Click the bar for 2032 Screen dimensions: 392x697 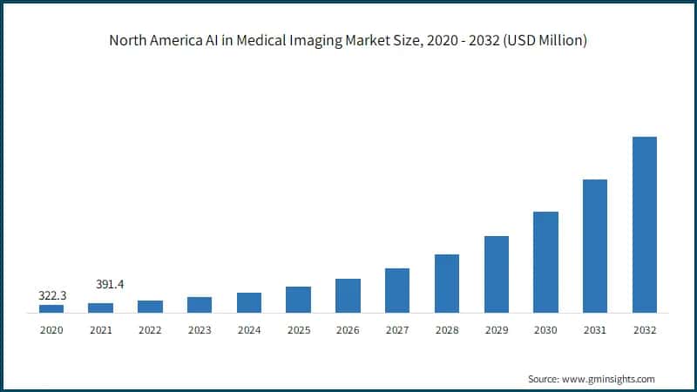coord(644,225)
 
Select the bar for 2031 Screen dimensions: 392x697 coord(595,246)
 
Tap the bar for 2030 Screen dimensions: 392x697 coord(545,262)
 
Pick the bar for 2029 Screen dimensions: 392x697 coord(496,274)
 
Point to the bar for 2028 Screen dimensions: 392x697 coord(447,283)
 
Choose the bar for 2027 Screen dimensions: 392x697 coord(397,290)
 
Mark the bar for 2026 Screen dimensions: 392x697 coord(348,295)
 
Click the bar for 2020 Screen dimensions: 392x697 coord(51,308)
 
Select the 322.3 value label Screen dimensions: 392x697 coord(51,295)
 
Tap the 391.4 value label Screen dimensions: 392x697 coord(109,284)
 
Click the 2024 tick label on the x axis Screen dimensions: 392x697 coord(249,330)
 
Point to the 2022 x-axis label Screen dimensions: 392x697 coord(150,330)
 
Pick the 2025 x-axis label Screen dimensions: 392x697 coord(298,330)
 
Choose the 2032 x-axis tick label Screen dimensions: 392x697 coord(644,330)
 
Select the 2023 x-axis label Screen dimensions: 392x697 coord(200,330)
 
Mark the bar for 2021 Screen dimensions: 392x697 coord(101,308)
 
